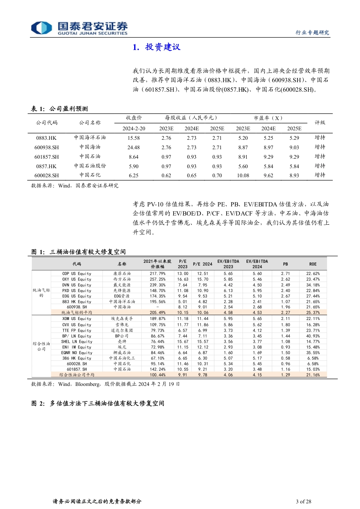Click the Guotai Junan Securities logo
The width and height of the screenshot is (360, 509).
(79, 28)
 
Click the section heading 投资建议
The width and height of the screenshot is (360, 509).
(157, 47)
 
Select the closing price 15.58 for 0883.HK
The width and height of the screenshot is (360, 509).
(133, 138)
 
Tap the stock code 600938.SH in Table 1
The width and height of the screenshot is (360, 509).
(47, 148)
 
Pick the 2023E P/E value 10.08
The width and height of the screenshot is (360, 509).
(243, 176)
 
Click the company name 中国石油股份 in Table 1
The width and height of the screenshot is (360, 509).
(90, 166)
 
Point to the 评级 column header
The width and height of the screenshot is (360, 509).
(320, 123)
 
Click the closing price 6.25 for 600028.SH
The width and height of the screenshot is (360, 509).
(133, 176)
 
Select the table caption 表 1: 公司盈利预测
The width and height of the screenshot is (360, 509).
(59, 109)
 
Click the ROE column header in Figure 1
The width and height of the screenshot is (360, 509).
(313, 264)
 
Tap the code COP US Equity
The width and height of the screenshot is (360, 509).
(77, 273)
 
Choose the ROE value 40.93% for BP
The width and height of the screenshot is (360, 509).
(313, 336)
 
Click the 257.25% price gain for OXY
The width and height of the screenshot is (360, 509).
(157, 279)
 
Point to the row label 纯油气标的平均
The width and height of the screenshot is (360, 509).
(77, 313)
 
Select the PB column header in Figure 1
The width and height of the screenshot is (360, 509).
(285, 264)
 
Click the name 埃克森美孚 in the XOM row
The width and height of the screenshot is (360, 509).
(122, 319)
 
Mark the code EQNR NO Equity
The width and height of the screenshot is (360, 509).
(77, 353)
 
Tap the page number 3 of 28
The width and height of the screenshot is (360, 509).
(303, 501)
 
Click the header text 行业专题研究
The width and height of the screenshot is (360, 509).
(312, 33)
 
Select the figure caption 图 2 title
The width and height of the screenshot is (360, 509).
(98, 403)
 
